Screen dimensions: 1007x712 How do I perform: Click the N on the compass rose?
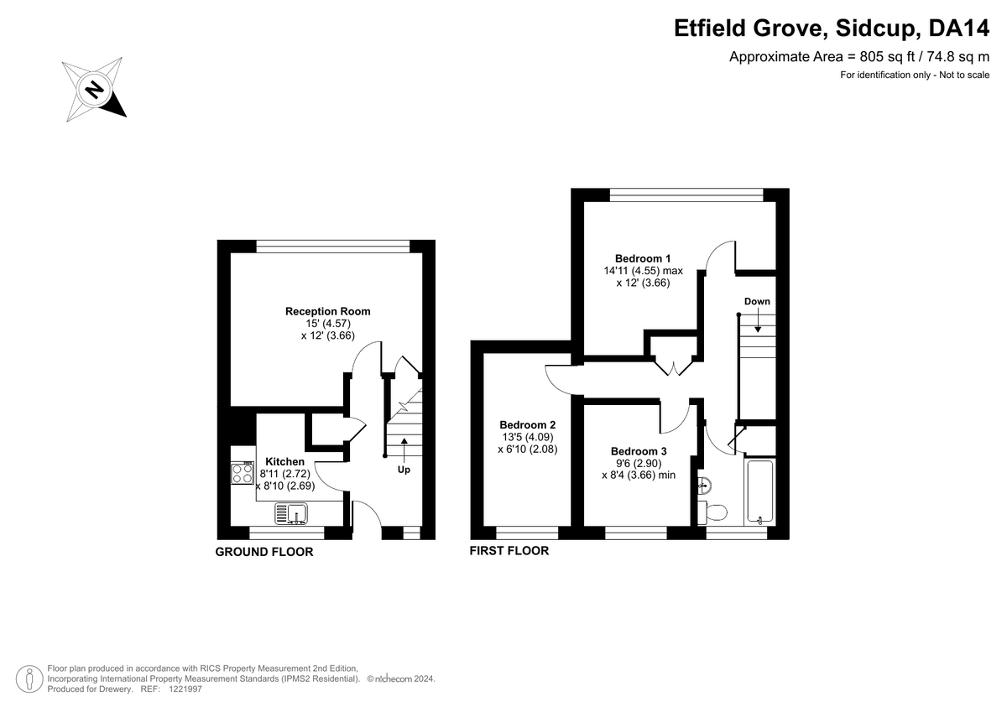tap(94, 90)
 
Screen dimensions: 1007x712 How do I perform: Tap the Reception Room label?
tap(328, 311)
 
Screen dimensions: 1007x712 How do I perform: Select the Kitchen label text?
tap(284, 461)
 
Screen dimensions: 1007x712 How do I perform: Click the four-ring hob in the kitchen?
tap(243, 473)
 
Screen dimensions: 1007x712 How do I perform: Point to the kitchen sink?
tap(291, 514)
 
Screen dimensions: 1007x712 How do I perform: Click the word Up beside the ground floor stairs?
tap(404, 470)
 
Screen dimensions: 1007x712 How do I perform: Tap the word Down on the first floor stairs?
tap(757, 301)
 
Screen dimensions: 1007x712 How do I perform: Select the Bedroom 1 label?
tap(643, 258)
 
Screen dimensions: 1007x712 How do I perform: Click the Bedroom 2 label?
tap(528, 424)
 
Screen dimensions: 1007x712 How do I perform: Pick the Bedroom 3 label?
tap(639, 451)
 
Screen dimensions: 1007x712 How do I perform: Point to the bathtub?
tap(760, 491)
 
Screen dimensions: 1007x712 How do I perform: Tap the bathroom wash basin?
tap(704, 485)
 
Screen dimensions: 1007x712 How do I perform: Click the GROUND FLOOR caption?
tap(263, 552)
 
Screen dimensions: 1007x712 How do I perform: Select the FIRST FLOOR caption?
tap(509, 551)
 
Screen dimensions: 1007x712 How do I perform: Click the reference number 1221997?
tap(185, 689)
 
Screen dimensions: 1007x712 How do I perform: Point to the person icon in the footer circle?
tap(29, 678)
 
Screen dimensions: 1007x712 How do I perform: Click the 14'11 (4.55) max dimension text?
tap(643, 271)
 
